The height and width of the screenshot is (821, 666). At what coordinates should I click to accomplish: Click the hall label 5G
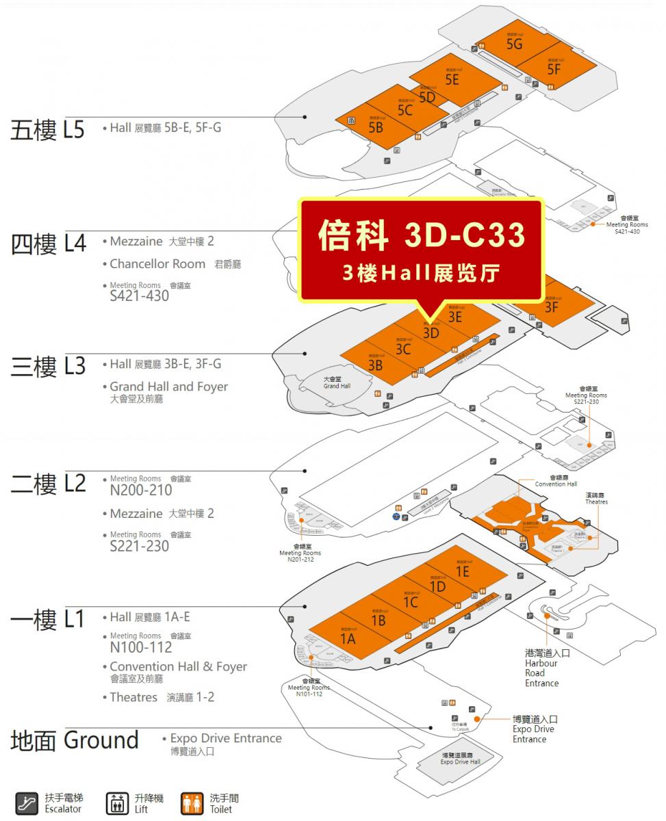coord(515,44)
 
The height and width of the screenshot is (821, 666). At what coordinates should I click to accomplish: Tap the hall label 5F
coord(554,69)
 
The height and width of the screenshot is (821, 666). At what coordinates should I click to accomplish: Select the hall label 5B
coord(376,128)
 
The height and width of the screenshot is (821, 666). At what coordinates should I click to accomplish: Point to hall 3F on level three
coord(552,307)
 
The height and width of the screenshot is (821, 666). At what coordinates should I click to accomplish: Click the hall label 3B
coord(375,365)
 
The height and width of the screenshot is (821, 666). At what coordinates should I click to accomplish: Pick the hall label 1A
coord(348,639)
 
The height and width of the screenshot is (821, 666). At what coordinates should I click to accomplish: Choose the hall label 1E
coord(462,571)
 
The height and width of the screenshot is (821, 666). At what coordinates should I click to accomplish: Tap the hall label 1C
coord(410,603)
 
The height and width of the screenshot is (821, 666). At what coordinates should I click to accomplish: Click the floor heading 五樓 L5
coord(47,129)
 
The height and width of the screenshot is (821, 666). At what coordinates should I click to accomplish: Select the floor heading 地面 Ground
coord(75,740)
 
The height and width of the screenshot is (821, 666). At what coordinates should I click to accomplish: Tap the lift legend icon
coord(118,803)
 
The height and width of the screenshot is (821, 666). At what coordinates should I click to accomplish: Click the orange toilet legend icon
coord(192,803)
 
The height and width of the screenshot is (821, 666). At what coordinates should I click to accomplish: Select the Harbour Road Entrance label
coord(542,668)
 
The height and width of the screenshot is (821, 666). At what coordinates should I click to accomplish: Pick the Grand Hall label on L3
coord(337,382)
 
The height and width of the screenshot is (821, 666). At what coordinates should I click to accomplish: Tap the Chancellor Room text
coord(157,264)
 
